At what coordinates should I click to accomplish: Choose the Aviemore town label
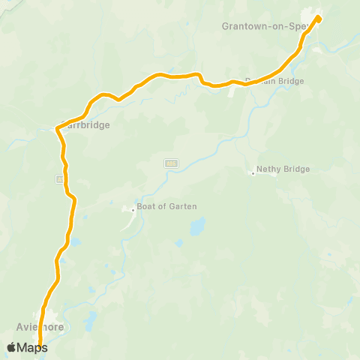[x=40, y=327]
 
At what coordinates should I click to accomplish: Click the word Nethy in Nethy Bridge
[x=268, y=169]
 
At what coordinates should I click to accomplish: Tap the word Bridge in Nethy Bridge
[x=295, y=169]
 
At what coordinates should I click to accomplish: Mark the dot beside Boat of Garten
[x=133, y=210]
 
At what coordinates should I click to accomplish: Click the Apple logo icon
[x=12, y=347]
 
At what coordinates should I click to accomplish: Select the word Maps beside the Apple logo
[x=33, y=347]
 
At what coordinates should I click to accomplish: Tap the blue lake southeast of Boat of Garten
[x=197, y=226]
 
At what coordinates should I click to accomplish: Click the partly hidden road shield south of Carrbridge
[x=58, y=179]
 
